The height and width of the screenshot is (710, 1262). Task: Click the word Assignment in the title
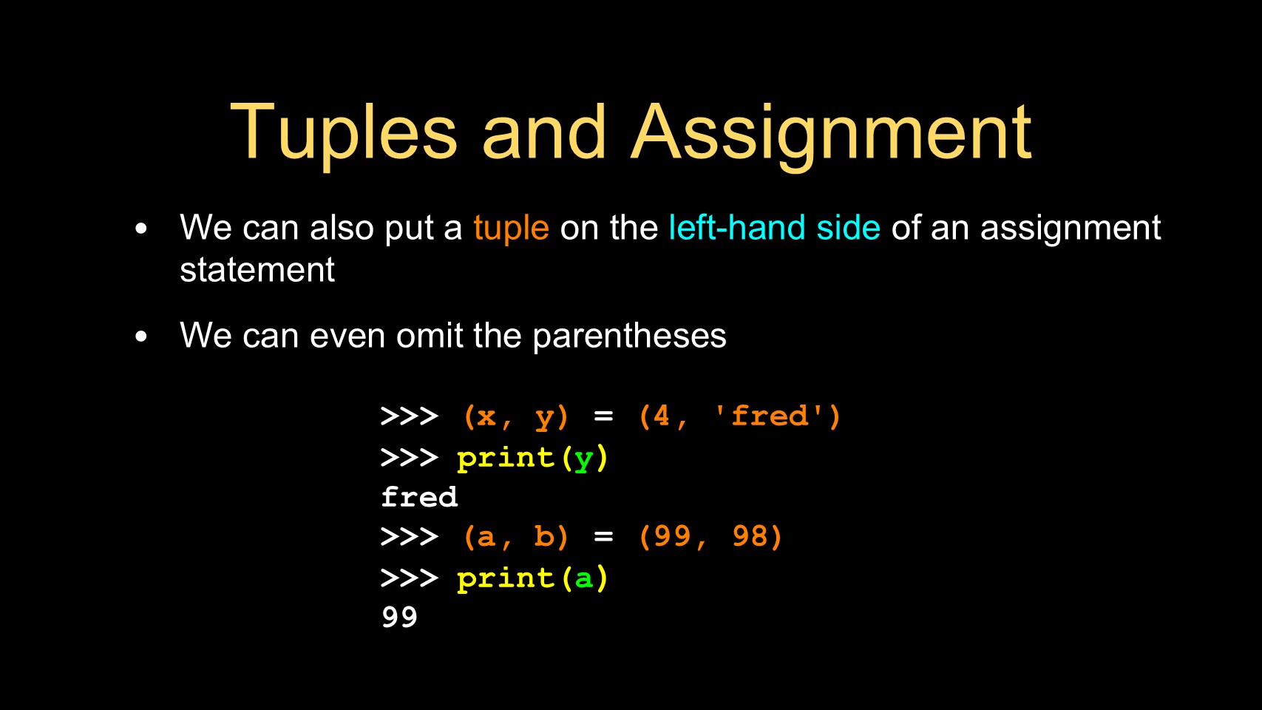click(831, 135)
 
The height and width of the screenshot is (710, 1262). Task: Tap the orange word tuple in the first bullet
click(511, 229)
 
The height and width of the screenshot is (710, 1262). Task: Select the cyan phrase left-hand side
click(774, 227)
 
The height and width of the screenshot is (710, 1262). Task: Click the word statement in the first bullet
click(257, 269)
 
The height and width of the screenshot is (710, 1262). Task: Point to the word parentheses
click(629, 337)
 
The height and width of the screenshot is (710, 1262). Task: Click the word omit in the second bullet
click(430, 335)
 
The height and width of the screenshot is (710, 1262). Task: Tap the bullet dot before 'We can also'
click(141, 229)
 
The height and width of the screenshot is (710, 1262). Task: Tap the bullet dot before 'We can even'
click(141, 337)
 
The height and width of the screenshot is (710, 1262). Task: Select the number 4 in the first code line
click(662, 416)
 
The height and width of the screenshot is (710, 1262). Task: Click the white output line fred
click(419, 497)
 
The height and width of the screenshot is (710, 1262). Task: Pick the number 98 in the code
click(750, 536)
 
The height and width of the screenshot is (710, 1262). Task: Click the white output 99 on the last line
click(399, 617)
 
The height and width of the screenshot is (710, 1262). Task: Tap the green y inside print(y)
click(583, 460)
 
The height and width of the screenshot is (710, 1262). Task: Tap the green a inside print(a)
click(583, 578)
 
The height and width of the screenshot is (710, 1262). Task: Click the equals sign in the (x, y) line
click(603, 416)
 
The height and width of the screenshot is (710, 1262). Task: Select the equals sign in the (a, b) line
click(603, 536)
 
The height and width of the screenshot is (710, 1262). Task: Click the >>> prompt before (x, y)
click(409, 417)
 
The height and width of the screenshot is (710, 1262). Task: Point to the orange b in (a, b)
click(543, 536)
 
